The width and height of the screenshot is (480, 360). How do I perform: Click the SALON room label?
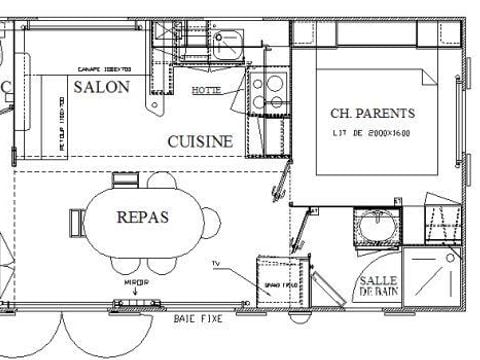pos(102,87)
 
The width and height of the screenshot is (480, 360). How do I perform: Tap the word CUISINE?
pos(200,142)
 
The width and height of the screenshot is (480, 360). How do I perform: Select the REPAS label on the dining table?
pos(142,216)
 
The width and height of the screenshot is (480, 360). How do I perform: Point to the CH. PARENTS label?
pos(372,113)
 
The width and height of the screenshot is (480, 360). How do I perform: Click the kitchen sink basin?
pos(227,41)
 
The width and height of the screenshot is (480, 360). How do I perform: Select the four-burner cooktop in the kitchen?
pos(267,91)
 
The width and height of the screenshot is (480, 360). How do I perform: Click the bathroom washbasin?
pos(377,229)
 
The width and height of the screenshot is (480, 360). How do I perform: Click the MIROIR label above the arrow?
pos(136,283)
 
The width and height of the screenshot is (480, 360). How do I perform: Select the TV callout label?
pos(215,263)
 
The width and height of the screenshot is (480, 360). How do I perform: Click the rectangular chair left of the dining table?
pos(76,219)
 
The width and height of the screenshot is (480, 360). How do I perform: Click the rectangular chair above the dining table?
pos(125,180)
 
